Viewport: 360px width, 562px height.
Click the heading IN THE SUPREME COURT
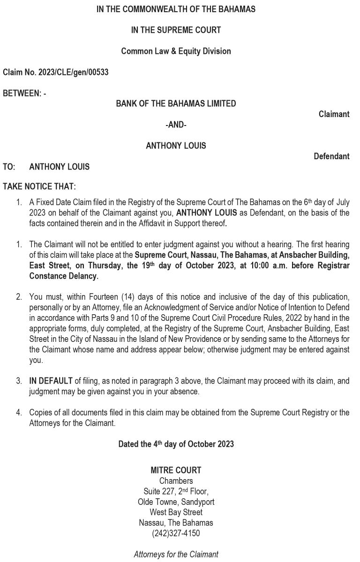[x=176, y=30]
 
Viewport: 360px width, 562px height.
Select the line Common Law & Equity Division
[x=176, y=51]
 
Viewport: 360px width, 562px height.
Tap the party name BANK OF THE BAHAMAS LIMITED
[x=176, y=104]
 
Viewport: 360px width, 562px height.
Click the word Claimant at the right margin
[x=334, y=114]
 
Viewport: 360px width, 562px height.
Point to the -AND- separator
[x=176, y=125]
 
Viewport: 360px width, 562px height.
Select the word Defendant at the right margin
[x=331, y=156]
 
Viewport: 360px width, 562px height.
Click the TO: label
[x=9, y=167]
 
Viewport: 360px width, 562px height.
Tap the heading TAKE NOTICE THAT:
[x=39, y=186]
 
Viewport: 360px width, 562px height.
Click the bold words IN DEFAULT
[x=51, y=381]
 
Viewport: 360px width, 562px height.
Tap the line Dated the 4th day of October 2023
[x=176, y=444]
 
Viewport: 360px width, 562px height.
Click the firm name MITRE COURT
[x=176, y=470]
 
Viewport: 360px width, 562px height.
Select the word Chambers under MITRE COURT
[x=176, y=481]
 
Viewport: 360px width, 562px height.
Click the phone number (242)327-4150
[x=176, y=533]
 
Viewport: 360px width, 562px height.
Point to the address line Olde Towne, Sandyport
[x=176, y=502]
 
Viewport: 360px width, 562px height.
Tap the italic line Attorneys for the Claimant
[x=176, y=555]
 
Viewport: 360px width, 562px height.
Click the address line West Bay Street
[x=176, y=512]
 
